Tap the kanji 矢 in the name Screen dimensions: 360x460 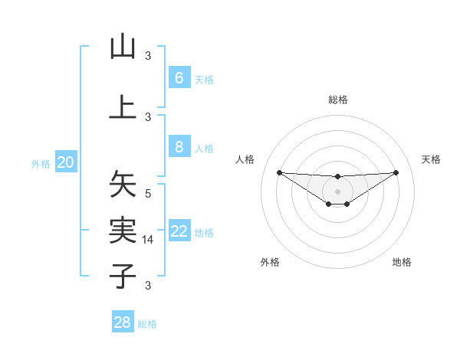(123, 185)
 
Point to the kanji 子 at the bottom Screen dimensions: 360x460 (123, 275)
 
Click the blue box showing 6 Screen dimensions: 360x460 (179, 78)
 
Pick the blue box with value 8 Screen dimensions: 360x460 (179, 148)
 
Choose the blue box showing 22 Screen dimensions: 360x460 (179, 232)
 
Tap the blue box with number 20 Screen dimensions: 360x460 (67, 162)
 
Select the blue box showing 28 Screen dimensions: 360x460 (123, 322)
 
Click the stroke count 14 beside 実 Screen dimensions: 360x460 (149, 240)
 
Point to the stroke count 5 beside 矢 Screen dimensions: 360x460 (149, 195)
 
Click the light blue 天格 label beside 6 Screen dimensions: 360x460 (204, 79)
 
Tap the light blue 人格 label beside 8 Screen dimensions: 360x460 (204, 149)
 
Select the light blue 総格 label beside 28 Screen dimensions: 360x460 (147, 324)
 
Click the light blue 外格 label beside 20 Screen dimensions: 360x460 (41, 163)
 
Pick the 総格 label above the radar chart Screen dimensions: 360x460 (337, 100)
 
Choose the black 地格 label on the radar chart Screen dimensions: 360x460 (402, 262)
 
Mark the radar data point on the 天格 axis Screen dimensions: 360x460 (396, 172)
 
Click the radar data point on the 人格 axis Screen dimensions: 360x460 (279, 172)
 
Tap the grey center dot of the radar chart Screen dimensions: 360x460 (337, 191)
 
